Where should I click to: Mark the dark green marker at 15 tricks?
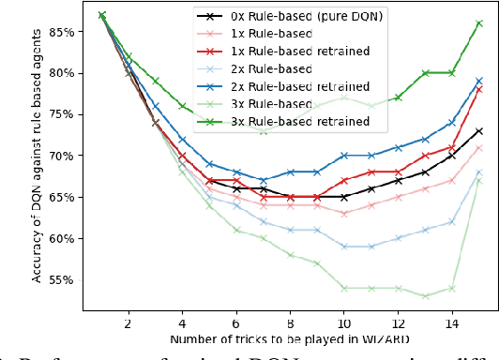(x=479, y=23)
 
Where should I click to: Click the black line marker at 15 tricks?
(x=479, y=130)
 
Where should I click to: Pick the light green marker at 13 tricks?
(x=425, y=295)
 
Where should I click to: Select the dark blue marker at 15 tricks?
(x=479, y=81)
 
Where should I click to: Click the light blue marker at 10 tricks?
(x=344, y=246)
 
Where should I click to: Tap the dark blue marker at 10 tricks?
(x=344, y=155)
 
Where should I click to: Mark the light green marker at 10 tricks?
(x=344, y=288)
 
